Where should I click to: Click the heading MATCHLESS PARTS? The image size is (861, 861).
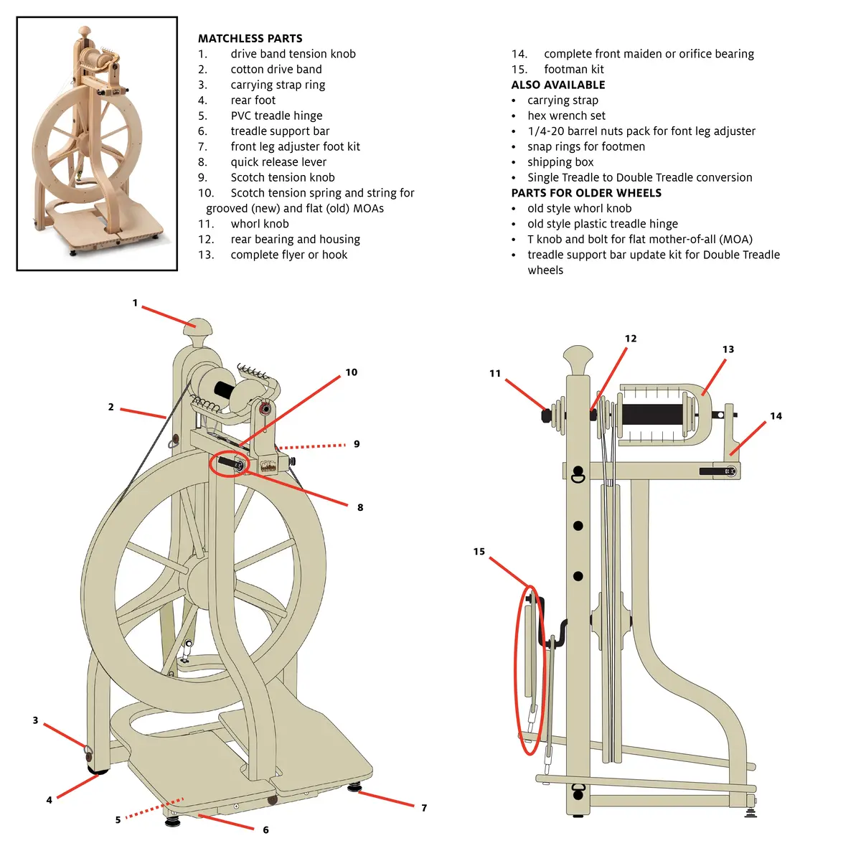[x=250, y=39]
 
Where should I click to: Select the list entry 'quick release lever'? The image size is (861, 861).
[x=278, y=161]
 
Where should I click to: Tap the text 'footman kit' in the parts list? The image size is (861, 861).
[x=574, y=70]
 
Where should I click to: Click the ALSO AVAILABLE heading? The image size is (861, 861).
[x=558, y=85]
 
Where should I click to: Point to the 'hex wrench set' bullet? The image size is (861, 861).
[x=566, y=116]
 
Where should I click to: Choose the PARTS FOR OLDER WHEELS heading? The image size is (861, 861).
[x=586, y=193]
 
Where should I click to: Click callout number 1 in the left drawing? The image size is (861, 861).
[x=135, y=303]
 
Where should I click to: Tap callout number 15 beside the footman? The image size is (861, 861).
[x=479, y=552]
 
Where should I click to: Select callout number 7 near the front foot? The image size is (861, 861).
[x=424, y=808]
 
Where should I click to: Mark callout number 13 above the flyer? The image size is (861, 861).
[x=728, y=349]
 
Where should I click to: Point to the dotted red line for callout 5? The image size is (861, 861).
[x=154, y=809]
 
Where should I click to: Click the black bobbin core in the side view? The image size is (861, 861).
[x=652, y=415]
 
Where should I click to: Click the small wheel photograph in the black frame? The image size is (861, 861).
[x=97, y=143]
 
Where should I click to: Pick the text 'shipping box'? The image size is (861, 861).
[x=560, y=162]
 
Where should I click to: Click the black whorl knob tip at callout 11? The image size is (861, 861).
[x=545, y=416]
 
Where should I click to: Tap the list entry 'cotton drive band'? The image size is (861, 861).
[x=276, y=70]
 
